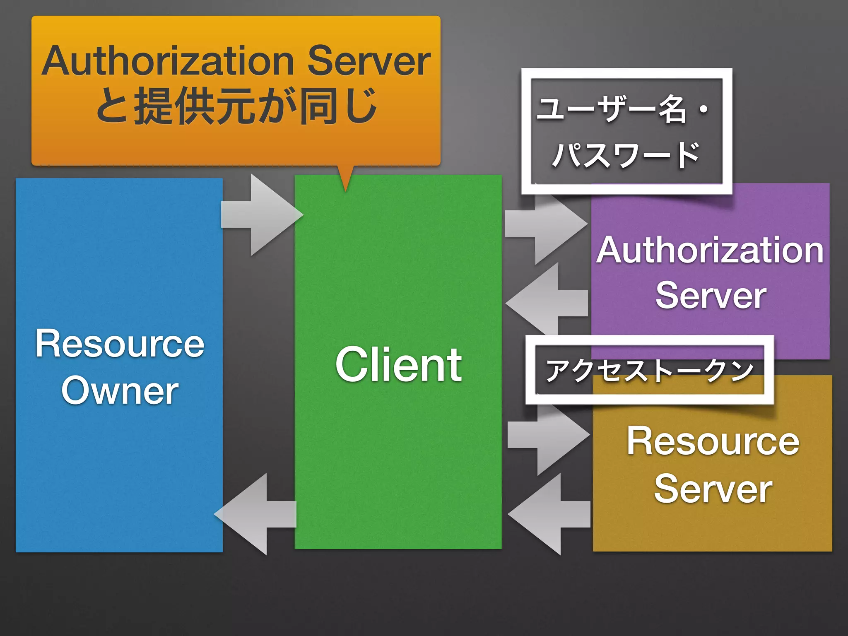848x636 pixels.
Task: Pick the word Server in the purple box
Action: (x=711, y=295)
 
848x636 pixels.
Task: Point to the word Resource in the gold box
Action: (x=713, y=441)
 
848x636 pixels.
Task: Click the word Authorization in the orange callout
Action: (x=168, y=61)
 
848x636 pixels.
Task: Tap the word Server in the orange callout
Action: (x=369, y=61)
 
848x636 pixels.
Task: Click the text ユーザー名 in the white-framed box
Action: (x=611, y=109)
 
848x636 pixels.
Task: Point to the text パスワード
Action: (x=625, y=155)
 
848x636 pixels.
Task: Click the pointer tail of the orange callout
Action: (x=346, y=178)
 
